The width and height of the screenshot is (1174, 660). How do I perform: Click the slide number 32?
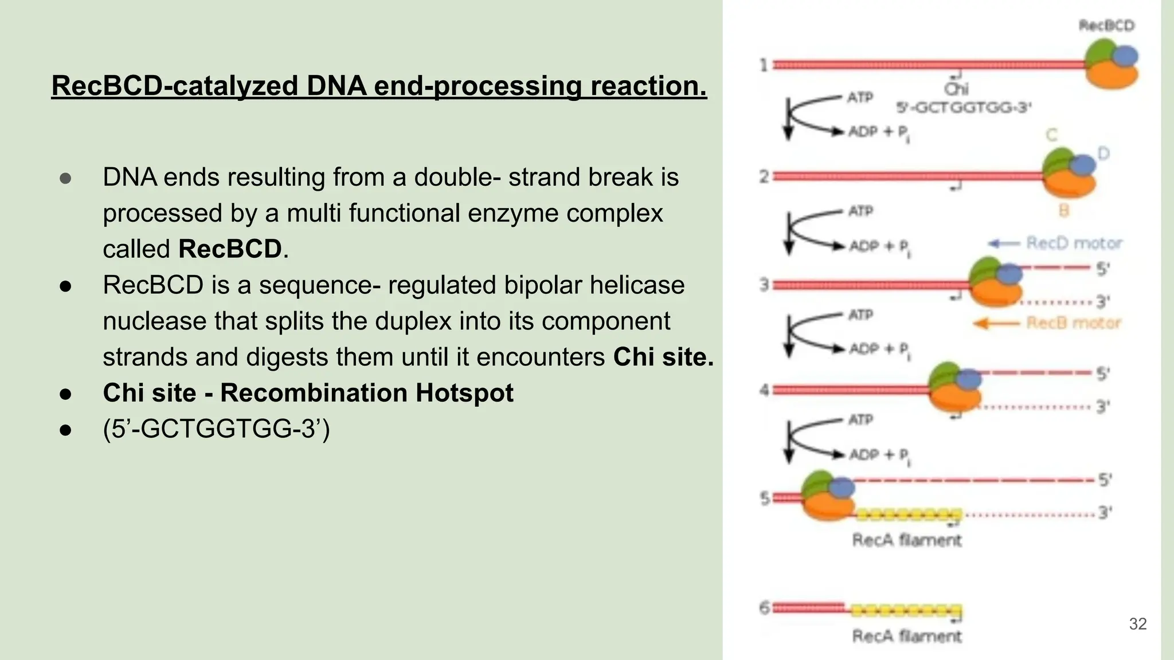pyautogui.click(x=1137, y=624)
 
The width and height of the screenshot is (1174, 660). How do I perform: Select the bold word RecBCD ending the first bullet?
pyautogui.click(x=230, y=249)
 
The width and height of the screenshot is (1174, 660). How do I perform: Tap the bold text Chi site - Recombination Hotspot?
pyautogui.click(x=308, y=393)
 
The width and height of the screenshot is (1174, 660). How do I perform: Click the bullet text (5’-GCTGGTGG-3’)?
pyautogui.click(x=216, y=429)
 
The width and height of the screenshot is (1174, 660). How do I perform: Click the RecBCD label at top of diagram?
pyautogui.click(x=1106, y=26)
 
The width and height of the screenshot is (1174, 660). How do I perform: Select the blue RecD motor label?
pyautogui.click(x=1074, y=243)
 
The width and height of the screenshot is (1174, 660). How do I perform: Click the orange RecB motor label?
pyautogui.click(x=1073, y=323)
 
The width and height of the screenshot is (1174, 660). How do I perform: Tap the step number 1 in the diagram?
pyautogui.click(x=764, y=65)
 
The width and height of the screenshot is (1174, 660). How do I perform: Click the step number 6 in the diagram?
pyautogui.click(x=764, y=607)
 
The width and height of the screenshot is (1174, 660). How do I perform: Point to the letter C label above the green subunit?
pyautogui.click(x=1051, y=135)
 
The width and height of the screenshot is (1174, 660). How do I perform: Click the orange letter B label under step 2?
pyautogui.click(x=1063, y=211)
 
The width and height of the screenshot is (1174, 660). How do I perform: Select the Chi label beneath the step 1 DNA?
pyautogui.click(x=956, y=89)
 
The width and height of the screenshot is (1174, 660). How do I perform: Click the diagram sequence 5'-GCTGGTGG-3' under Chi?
pyautogui.click(x=964, y=107)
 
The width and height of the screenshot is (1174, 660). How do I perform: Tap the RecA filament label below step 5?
pyautogui.click(x=906, y=540)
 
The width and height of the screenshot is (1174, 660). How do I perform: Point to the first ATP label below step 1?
pyautogui.click(x=860, y=97)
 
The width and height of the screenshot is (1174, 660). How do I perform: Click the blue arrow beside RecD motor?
pyautogui.click(x=1003, y=243)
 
